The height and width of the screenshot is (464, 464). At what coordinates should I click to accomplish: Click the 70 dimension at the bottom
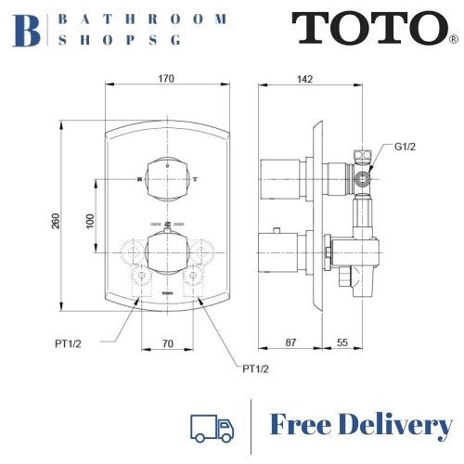(168, 343)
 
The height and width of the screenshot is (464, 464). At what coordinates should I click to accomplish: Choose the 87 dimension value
(291, 343)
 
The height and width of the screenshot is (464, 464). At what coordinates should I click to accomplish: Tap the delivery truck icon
(211, 426)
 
